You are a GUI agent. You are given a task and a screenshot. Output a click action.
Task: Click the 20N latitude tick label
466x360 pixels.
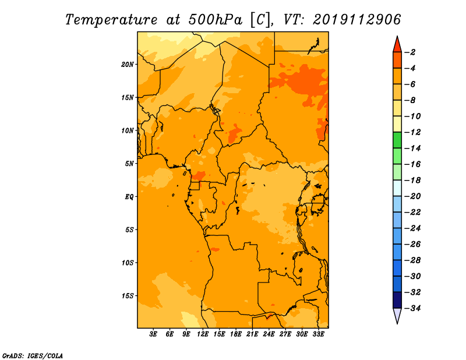pos(128,65)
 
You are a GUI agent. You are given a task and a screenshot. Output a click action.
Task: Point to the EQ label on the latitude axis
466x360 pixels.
pos(129,197)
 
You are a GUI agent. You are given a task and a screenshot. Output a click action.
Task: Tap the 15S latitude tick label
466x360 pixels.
pos(128,296)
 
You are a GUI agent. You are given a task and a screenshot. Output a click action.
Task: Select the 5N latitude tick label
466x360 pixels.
pos(129,164)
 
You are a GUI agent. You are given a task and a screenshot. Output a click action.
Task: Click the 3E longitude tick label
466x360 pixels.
pos(153,334)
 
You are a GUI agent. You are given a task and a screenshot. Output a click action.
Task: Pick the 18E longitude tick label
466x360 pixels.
pos(236,334)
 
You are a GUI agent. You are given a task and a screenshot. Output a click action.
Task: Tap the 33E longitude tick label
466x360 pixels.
pos(318,334)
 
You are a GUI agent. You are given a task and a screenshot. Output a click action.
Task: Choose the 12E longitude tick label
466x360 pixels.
pos(203,334)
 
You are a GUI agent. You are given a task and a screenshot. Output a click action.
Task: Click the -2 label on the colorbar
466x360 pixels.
pos(410,52)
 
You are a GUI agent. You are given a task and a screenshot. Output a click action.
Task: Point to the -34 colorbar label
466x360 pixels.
pos(412,308)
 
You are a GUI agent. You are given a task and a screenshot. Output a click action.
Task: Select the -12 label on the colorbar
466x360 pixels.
pos(412,132)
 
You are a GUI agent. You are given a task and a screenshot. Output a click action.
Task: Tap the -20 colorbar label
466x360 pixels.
pos(412,196)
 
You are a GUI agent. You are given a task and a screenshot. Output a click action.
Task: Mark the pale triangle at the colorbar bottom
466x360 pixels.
pos(397,315)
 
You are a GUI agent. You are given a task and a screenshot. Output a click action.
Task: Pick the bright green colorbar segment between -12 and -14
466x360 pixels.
pos(397,140)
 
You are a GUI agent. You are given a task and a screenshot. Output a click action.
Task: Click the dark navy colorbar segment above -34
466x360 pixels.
pos(397,300)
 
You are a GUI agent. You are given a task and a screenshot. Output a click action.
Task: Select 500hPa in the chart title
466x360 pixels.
pos(215,20)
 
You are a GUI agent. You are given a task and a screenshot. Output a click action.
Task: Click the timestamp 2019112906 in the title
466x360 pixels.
pos(357,20)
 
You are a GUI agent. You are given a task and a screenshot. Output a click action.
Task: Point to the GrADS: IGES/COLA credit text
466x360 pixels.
pos(33,356)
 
